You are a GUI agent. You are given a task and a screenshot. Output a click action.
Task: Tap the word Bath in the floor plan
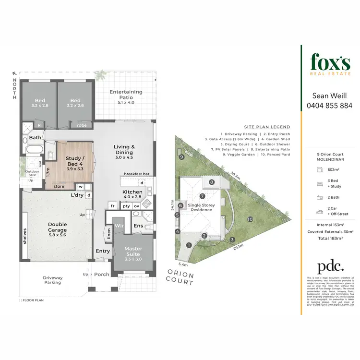click(x=35, y=137)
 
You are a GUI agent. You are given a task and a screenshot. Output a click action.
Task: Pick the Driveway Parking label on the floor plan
click(x=53, y=280)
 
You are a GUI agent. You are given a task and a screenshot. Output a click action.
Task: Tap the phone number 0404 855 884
click(x=329, y=106)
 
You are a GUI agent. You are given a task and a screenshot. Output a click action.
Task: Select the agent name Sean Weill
click(x=329, y=96)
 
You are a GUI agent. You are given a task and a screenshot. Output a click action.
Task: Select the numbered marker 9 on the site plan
click(x=181, y=156)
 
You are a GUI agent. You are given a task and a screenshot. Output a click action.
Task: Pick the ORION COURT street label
click(x=180, y=277)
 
